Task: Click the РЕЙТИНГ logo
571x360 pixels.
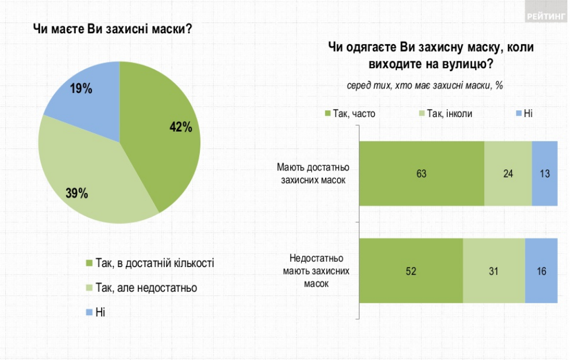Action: click(x=545, y=17)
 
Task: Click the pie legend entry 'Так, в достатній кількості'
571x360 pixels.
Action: click(x=151, y=263)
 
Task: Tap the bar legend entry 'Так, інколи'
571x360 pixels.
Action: click(x=445, y=114)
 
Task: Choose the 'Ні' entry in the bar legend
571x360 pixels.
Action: click(x=523, y=114)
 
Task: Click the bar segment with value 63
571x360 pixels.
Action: click(x=421, y=173)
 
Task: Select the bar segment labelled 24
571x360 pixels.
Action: click(x=508, y=173)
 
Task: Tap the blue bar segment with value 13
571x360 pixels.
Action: click(x=545, y=173)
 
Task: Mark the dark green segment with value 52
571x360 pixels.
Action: click(x=411, y=270)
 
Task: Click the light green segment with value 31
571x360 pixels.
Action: click(x=494, y=270)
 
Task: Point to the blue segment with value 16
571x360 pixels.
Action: click(x=541, y=270)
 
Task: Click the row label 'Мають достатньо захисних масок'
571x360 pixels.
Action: click(x=313, y=173)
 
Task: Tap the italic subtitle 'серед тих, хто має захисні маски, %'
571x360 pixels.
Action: click(x=425, y=85)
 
